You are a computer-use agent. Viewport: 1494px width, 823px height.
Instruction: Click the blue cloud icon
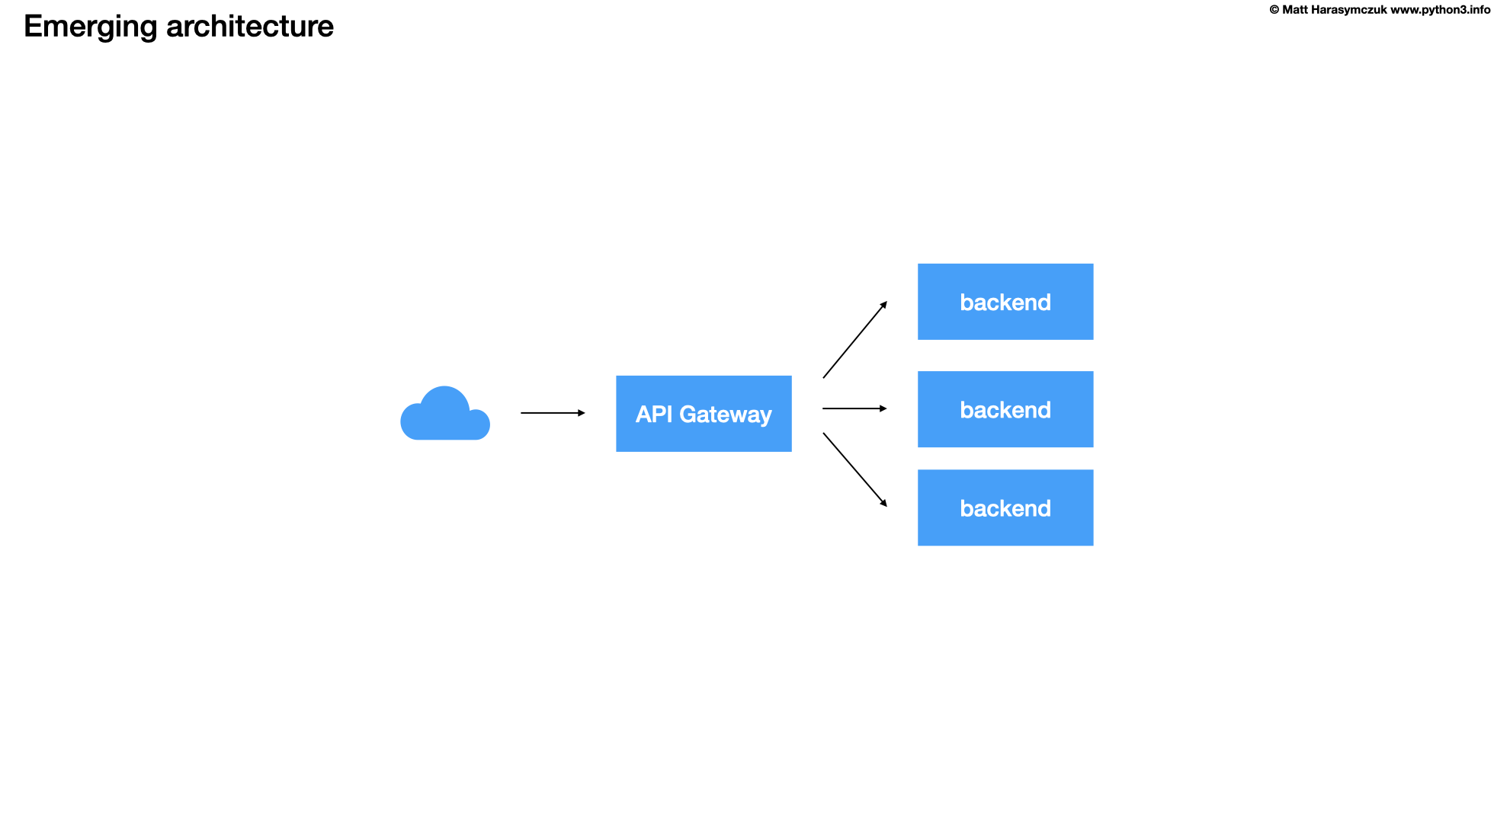(x=444, y=415)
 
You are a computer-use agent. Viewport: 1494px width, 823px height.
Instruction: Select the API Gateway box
(x=704, y=414)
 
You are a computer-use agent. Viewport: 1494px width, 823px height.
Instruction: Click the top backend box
(x=1005, y=302)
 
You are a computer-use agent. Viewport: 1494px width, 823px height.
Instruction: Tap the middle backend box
(x=1005, y=409)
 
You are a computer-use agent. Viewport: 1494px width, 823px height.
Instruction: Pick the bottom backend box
(x=1005, y=508)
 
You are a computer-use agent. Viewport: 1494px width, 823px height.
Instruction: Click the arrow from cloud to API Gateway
(x=552, y=413)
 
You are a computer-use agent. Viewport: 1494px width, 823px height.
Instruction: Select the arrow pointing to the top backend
(x=854, y=341)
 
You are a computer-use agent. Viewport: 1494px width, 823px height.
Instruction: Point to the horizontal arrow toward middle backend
(x=853, y=408)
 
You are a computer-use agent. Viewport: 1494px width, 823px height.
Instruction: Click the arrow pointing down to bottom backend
(x=854, y=469)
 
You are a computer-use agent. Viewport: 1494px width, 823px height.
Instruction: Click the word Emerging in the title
(x=90, y=27)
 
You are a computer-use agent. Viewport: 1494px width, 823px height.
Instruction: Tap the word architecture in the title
(x=250, y=27)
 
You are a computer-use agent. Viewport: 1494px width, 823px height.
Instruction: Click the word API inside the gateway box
(x=654, y=414)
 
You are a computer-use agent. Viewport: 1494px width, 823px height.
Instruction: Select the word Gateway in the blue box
(x=725, y=415)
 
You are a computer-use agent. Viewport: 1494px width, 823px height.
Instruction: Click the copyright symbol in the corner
(x=1274, y=10)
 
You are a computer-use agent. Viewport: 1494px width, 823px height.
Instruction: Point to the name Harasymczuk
(x=1348, y=10)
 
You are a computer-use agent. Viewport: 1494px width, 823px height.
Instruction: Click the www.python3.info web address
(x=1440, y=10)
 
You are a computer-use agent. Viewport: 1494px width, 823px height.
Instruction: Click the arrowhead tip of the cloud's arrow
(x=582, y=413)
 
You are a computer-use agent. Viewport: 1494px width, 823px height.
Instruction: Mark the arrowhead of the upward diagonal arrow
(x=884, y=304)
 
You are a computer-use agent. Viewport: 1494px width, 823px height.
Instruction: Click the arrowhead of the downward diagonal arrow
(x=884, y=504)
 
